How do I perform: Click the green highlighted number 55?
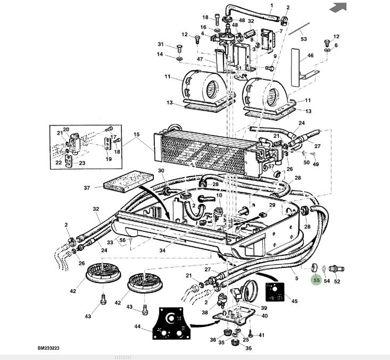pyautogui.click(x=316, y=280)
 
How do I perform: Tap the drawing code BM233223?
pyautogui.click(x=48, y=348)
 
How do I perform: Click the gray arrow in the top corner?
pyautogui.click(x=338, y=7)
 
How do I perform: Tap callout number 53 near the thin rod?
pyautogui.click(x=304, y=39)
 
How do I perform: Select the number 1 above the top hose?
pyautogui.click(x=271, y=6)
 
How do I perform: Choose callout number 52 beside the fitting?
pyautogui.click(x=337, y=281)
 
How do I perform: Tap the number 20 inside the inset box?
pyautogui.click(x=66, y=130)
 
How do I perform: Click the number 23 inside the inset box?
pyautogui.click(x=82, y=163)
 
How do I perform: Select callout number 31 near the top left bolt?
pyautogui.click(x=161, y=44)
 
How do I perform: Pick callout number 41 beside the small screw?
pyautogui.click(x=261, y=335)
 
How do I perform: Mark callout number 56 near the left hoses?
pyautogui.click(x=122, y=240)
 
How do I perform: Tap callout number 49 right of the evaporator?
pyautogui.click(x=316, y=164)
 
